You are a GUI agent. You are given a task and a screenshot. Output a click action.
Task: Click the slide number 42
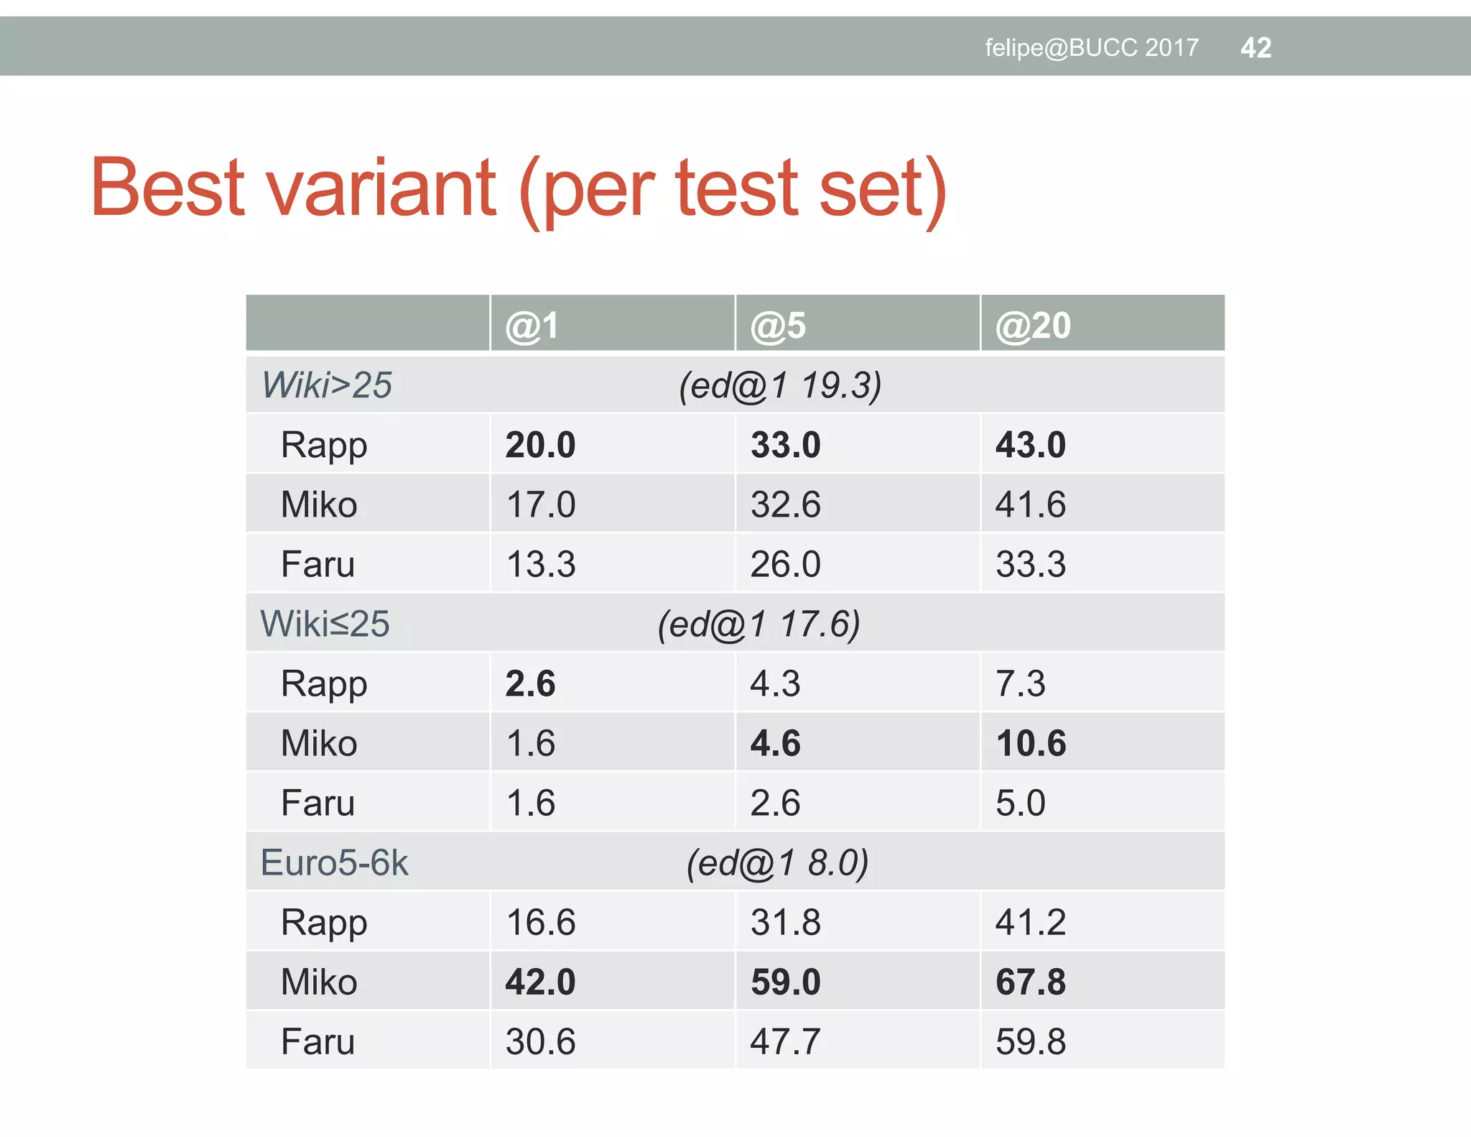click(x=1256, y=48)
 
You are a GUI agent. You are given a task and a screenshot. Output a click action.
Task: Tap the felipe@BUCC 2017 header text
click(x=1091, y=48)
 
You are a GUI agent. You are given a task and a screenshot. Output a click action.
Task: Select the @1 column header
click(x=532, y=326)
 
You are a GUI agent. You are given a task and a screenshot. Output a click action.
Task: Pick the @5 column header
click(x=778, y=326)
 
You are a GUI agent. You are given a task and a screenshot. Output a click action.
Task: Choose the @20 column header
click(x=1033, y=326)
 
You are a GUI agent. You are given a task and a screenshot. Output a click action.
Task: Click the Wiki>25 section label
click(x=327, y=385)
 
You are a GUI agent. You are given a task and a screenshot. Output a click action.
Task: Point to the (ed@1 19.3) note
click(x=780, y=385)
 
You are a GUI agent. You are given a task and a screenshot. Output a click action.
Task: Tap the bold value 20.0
click(x=540, y=445)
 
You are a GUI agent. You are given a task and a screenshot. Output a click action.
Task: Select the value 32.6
click(x=785, y=505)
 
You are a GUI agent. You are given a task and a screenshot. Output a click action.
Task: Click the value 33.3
click(x=1031, y=564)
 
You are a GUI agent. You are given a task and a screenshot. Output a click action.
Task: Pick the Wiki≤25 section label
click(x=325, y=624)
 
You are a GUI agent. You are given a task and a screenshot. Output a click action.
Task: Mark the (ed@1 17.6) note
click(x=758, y=624)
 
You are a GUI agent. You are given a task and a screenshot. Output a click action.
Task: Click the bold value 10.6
click(x=1031, y=743)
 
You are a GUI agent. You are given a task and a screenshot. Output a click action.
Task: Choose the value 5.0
click(x=1020, y=803)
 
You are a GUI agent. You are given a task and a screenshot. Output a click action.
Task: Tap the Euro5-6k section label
click(x=334, y=862)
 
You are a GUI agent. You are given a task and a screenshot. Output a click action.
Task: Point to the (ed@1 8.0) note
click(x=777, y=862)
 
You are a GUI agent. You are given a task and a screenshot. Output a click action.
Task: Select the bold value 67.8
click(x=1031, y=982)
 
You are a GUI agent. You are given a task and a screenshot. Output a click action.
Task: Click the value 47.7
click(x=785, y=1041)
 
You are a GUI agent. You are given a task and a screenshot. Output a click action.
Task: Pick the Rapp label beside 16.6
click(x=324, y=923)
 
